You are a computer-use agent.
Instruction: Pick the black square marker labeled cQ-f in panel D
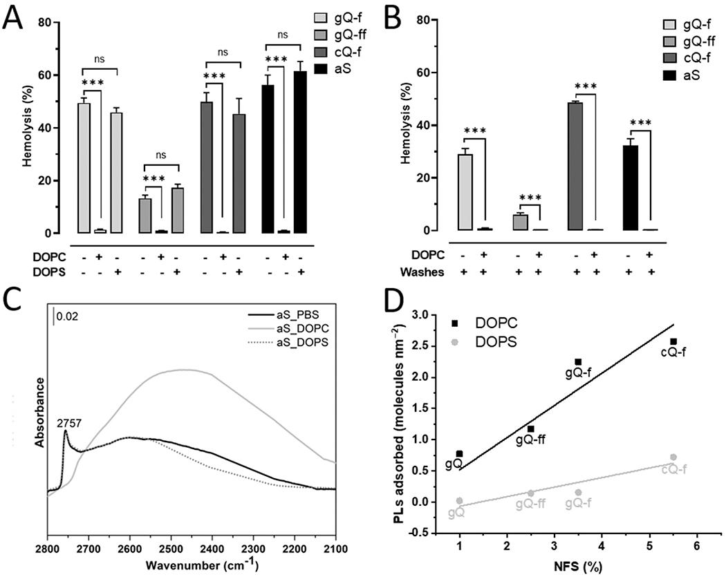673,341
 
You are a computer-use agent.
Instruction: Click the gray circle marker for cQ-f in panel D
673,457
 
